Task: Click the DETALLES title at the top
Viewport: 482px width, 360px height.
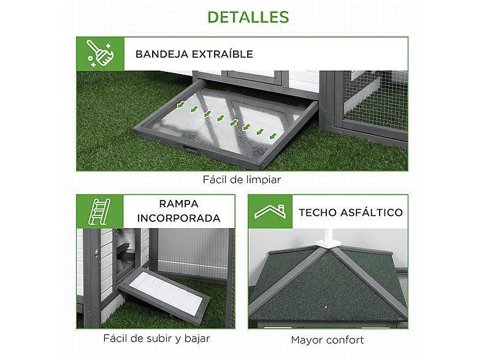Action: pyautogui.click(x=248, y=17)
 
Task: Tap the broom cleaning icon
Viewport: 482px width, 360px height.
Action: pyautogui.click(x=99, y=53)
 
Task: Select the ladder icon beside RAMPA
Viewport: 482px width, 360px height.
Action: pyautogui.click(x=99, y=211)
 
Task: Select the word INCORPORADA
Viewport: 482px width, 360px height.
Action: pyautogui.click(x=178, y=218)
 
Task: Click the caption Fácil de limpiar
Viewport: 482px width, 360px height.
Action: pyautogui.click(x=242, y=180)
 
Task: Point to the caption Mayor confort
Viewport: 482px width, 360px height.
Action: pyautogui.click(x=327, y=340)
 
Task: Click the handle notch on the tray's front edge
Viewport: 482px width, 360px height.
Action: pyautogui.click(x=188, y=148)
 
